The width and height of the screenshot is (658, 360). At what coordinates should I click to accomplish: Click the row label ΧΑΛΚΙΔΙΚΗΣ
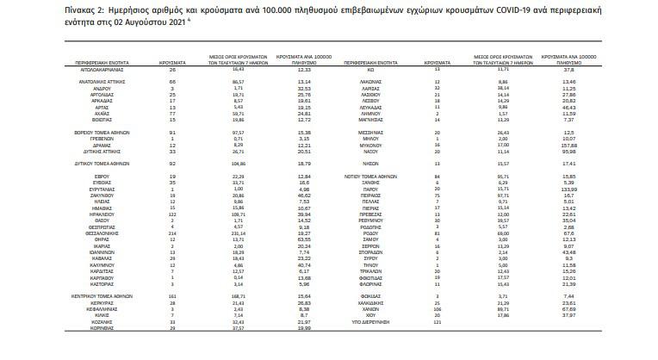(x=373, y=302)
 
